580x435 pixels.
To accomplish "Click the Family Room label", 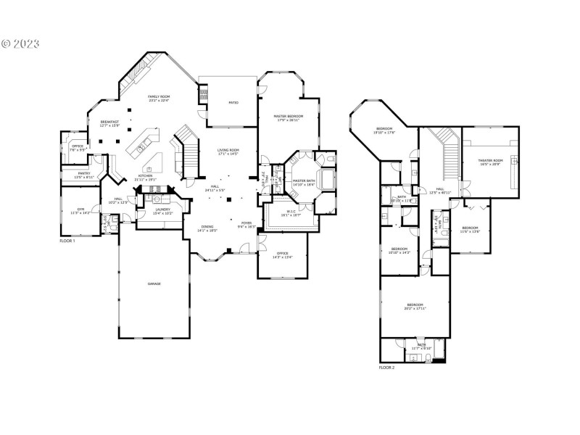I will (x=158, y=96).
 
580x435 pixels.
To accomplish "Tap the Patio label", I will (x=233, y=103).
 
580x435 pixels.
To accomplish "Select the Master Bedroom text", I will (x=288, y=116).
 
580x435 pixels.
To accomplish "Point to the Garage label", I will (x=155, y=283).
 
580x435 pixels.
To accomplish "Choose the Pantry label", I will (x=83, y=174).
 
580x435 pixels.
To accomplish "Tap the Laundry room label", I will (x=162, y=210).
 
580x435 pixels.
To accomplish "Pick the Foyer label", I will (x=246, y=223).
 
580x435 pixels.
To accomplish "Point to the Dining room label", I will (x=207, y=226).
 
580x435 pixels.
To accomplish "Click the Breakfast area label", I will (x=109, y=122).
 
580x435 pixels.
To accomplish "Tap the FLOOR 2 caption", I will (x=387, y=368).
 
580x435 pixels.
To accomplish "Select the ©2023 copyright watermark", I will (x=20, y=43).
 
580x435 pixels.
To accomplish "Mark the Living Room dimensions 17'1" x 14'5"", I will (x=228, y=154).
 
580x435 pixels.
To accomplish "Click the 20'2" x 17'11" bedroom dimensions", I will (x=415, y=308).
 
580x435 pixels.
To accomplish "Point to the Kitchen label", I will (x=146, y=175).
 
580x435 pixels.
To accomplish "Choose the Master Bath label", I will (x=303, y=181).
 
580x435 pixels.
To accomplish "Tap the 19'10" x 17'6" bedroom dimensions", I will (x=384, y=133).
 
